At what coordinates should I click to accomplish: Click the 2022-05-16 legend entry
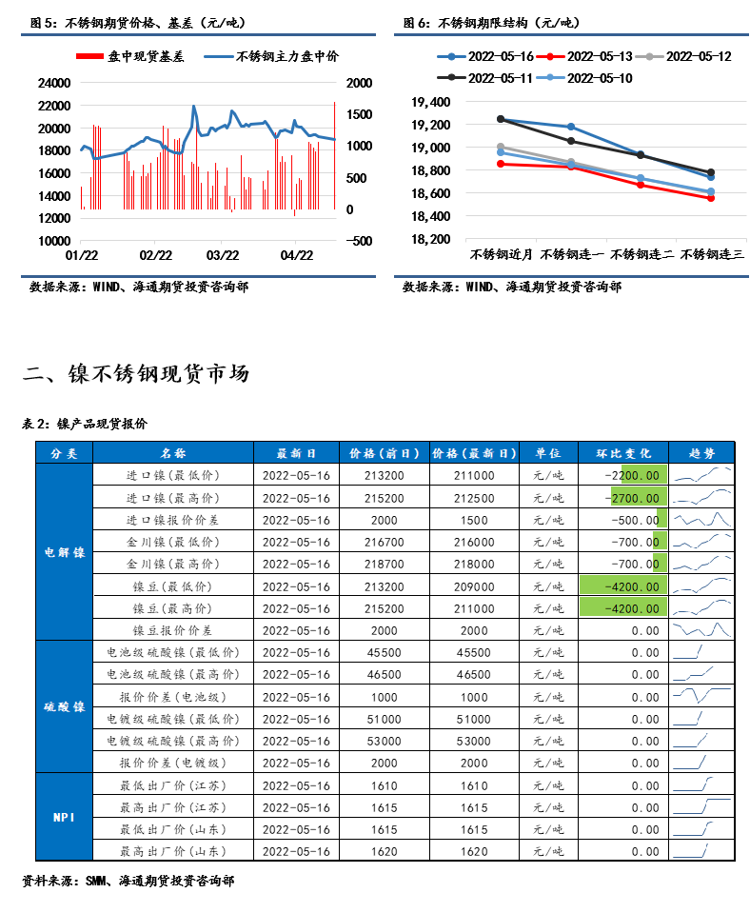(x=485, y=56)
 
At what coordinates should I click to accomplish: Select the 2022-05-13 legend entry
(x=584, y=56)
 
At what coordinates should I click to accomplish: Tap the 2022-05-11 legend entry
(x=485, y=78)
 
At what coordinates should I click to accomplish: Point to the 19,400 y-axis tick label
(x=431, y=103)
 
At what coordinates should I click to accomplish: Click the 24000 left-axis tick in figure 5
(x=54, y=83)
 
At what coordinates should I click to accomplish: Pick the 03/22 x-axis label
(x=223, y=255)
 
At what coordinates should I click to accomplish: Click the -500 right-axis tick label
(x=359, y=241)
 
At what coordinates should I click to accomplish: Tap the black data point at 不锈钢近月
(x=501, y=119)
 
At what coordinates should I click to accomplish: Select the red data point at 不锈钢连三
(x=711, y=198)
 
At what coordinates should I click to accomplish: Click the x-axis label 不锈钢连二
(x=641, y=254)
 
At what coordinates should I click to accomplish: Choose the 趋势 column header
(x=701, y=453)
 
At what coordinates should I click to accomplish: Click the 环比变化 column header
(x=623, y=453)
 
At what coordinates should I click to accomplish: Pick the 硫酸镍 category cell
(x=65, y=706)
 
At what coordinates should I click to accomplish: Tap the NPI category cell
(x=65, y=817)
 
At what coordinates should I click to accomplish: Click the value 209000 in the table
(x=474, y=586)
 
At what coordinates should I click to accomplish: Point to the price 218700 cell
(x=385, y=565)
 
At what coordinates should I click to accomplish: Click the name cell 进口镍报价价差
(x=173, y=520)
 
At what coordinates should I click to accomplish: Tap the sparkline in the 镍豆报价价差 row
(x=701, y=630)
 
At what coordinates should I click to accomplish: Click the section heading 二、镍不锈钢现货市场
(x=136, y=374)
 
